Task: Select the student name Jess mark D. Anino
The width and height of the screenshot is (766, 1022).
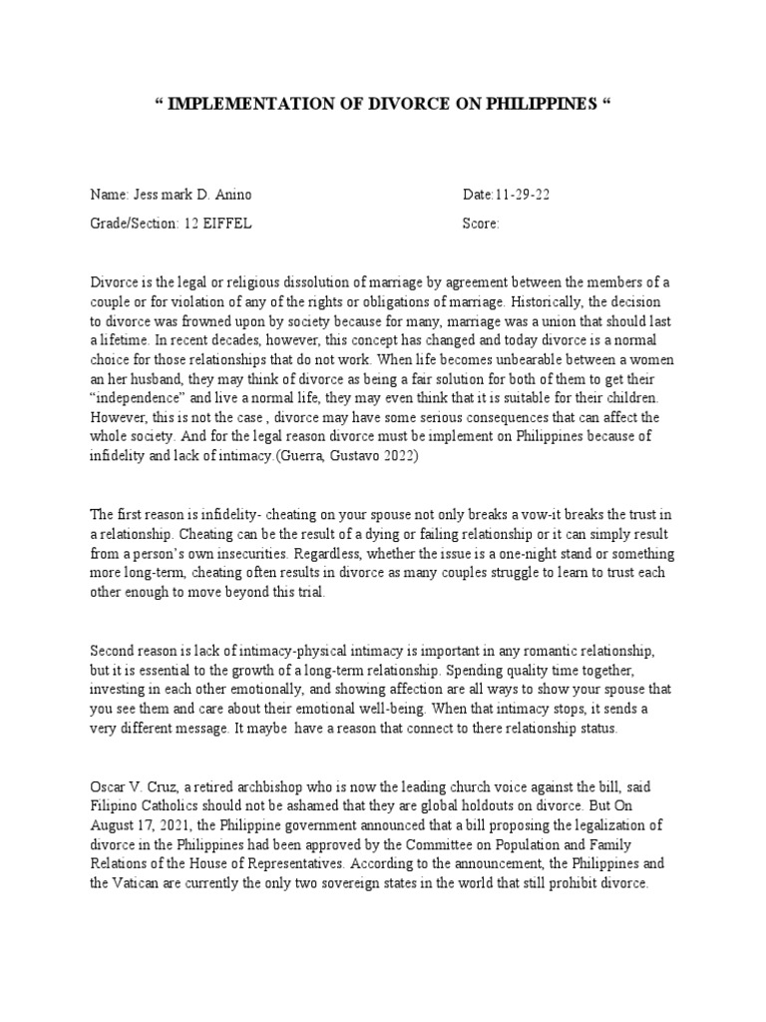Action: click(182, 195)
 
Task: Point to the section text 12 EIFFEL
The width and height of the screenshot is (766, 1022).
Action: click(217, 224)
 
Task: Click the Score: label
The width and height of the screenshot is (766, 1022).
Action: click(481, 224)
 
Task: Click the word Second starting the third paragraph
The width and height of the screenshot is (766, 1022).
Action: click(114, 650)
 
